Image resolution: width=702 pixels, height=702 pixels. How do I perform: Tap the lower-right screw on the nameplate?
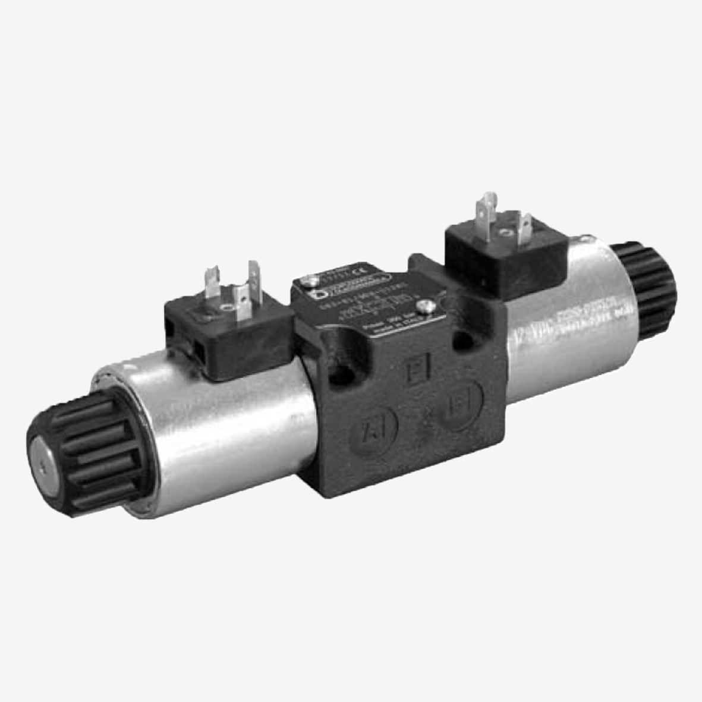(423, 307)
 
